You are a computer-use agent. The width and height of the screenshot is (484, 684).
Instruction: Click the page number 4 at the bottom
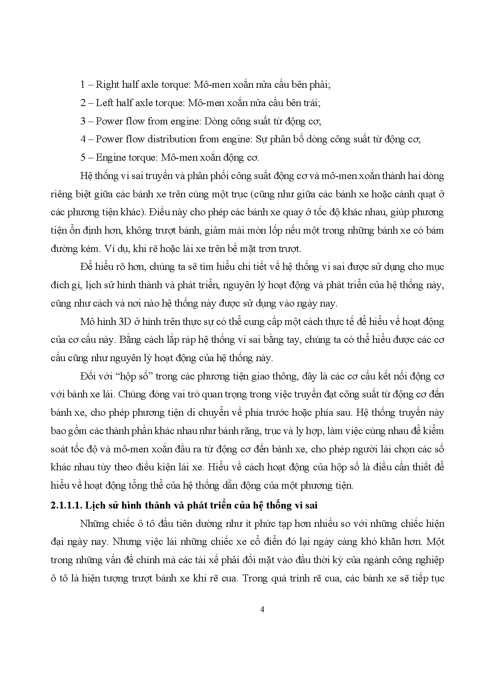click(x=262, y=610)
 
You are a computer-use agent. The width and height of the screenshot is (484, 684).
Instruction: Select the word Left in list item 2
click(x=104, y=103)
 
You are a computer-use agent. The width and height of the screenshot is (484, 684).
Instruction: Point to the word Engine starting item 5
click(x=109, y=158)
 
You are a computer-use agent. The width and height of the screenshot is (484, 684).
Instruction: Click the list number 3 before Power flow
click(x=83, y=121)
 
